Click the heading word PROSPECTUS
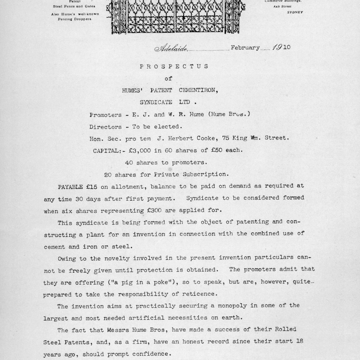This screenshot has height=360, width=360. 174,66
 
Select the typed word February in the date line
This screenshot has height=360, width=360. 245,48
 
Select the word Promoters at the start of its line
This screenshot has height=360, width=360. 106,115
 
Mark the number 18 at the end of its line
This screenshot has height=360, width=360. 299,341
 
